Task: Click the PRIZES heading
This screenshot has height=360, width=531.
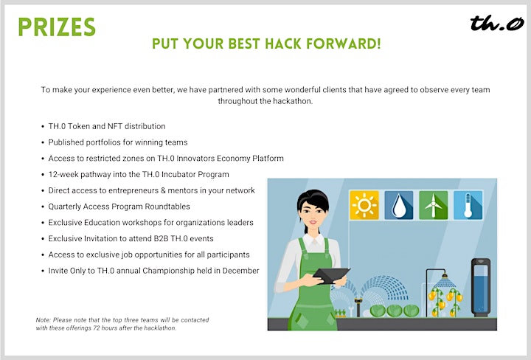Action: [57, 27]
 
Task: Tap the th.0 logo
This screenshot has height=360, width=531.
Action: [497, 23]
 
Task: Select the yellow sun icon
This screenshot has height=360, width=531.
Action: [364, 205]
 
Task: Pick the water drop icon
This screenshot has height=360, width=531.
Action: [398, 205]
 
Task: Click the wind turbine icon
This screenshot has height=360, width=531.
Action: [433, 205]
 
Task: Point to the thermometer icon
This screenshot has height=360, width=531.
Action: [468, 205]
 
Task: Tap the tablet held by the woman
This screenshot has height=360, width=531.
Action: [331, 275]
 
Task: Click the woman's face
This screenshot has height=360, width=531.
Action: [312, 215]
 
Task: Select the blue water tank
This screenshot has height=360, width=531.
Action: [481, 287]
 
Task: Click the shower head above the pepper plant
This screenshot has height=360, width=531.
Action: [445, 281]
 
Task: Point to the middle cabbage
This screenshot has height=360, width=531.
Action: [394, 311]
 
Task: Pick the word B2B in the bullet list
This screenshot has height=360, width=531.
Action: [161, 238]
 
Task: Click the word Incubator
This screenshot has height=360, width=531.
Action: [178, 174]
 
